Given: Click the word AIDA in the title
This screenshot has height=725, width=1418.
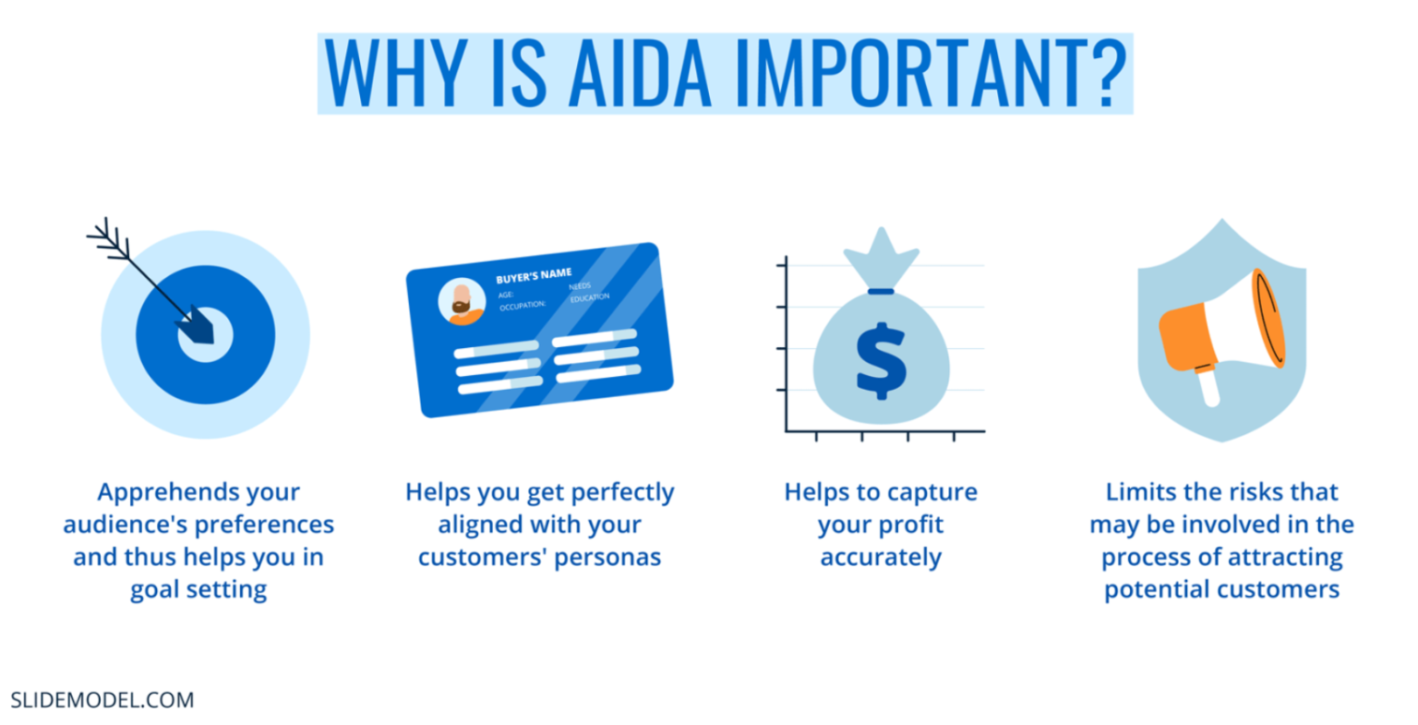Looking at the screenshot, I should point(639,74).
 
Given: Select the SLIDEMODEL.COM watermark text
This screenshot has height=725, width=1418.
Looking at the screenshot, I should point(102,700).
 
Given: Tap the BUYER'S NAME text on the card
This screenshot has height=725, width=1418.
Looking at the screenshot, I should point(534,276).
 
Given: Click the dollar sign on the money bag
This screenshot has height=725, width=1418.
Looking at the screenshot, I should point(881,359).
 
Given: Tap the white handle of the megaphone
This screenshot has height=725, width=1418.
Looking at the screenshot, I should point(1208,388).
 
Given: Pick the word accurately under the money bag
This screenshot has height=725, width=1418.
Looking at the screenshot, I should point(881,558).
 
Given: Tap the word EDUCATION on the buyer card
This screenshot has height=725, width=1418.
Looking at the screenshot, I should point(590,297).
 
